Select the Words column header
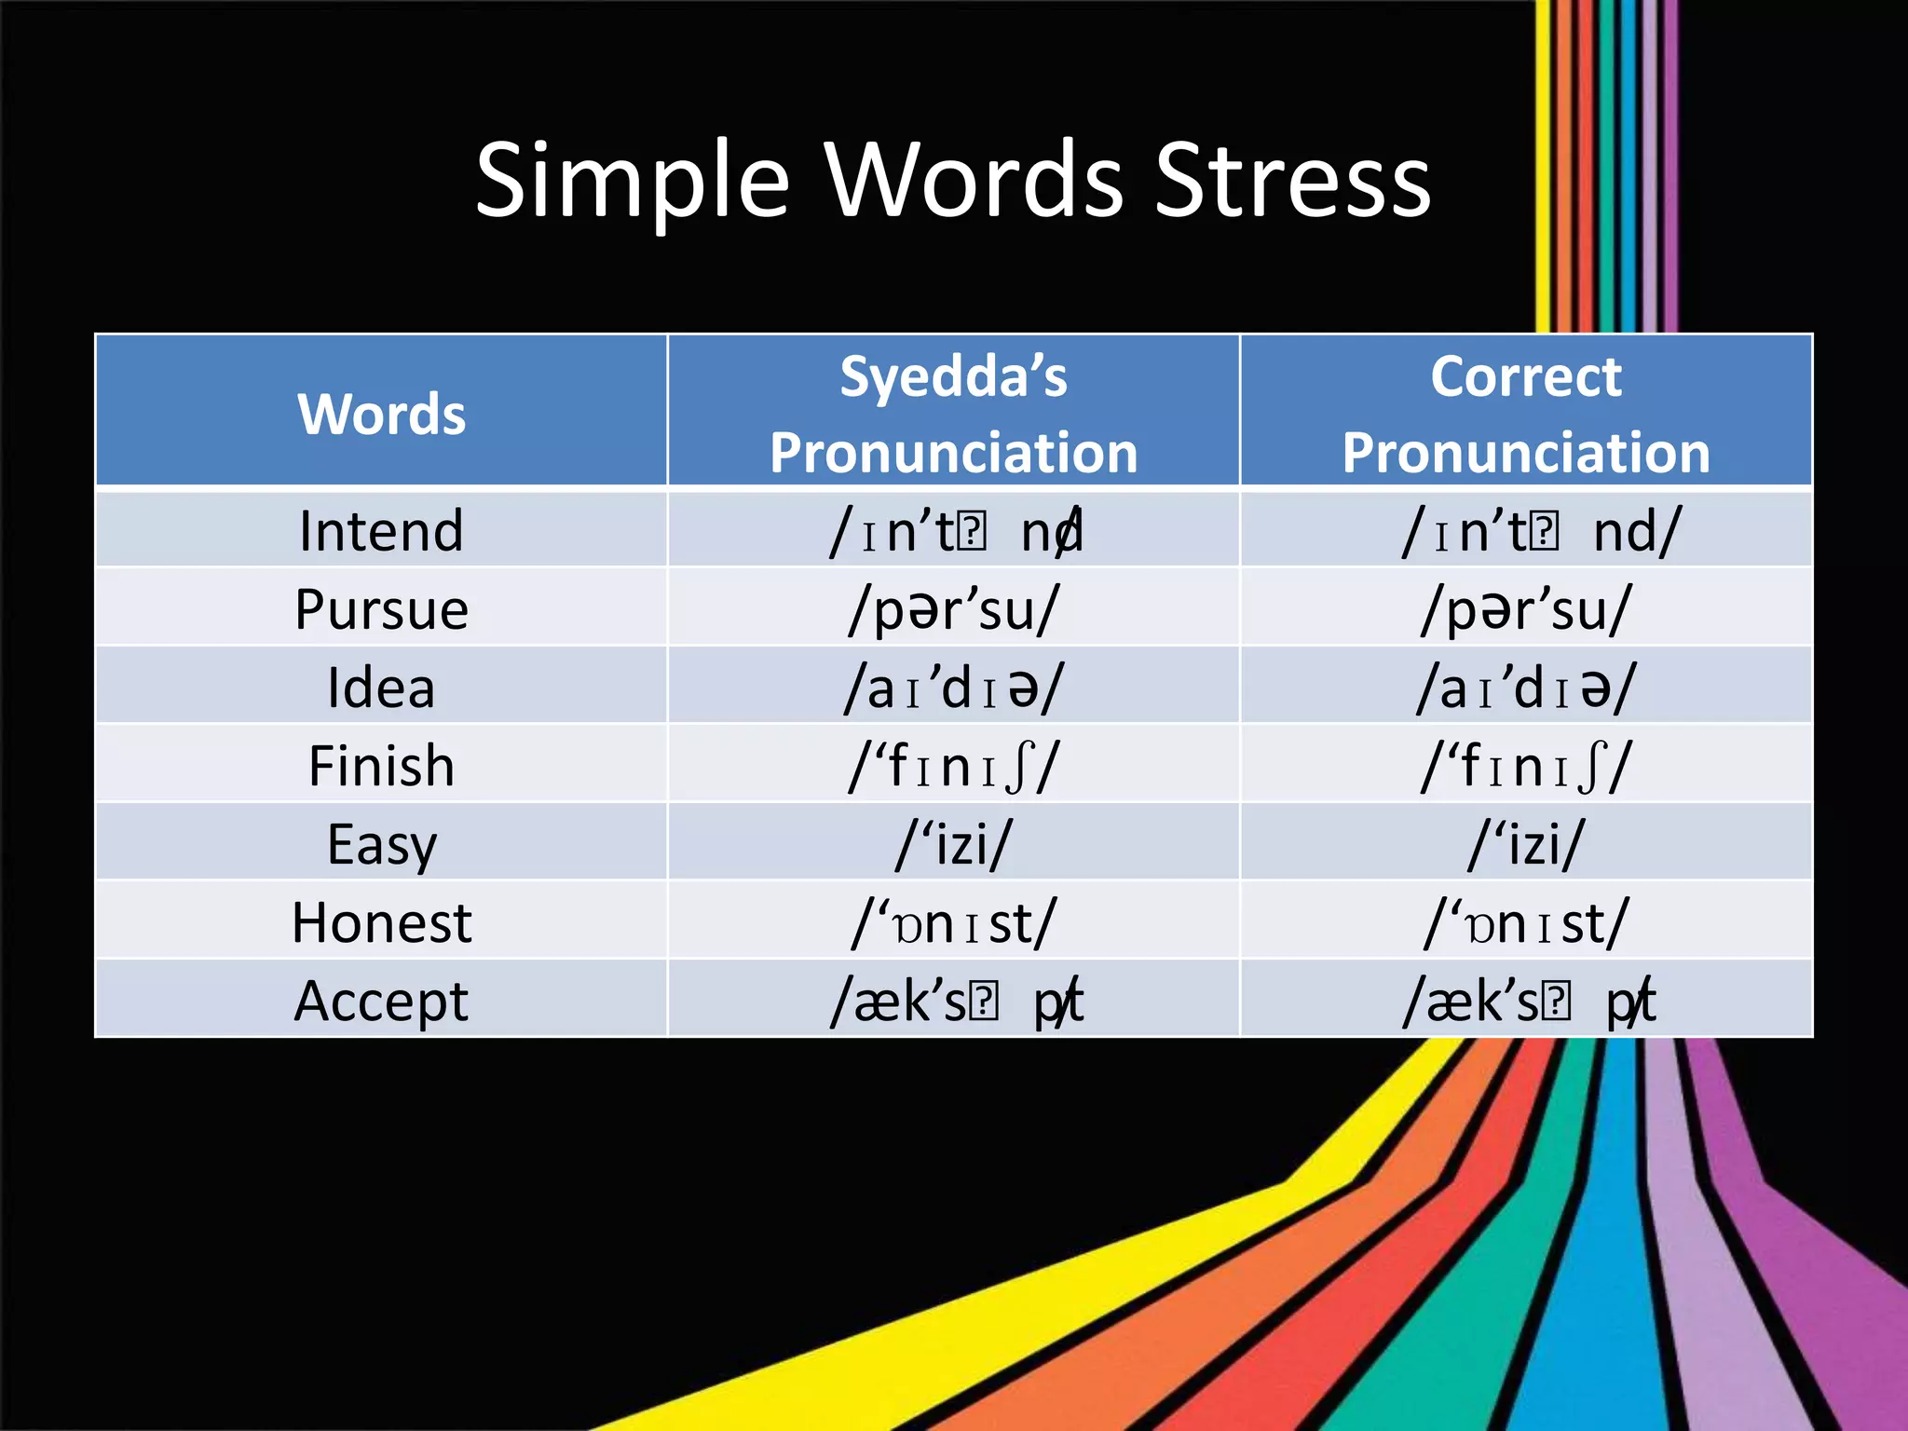point(381,414)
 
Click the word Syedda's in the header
point(953,376)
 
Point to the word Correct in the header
point(1526,376)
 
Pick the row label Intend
point(381,531)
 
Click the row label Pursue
point(381,610)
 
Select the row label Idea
point(381,688)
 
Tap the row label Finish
point(381,766)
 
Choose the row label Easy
point(381,845)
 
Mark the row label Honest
point(381,923)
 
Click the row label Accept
point(381,1002)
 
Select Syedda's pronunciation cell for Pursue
point(954,610)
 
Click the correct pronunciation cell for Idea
point(1526,688)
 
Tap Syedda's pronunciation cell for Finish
point(954,766)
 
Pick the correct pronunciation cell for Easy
point(1526,845)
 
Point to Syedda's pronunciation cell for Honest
point(954,923)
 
